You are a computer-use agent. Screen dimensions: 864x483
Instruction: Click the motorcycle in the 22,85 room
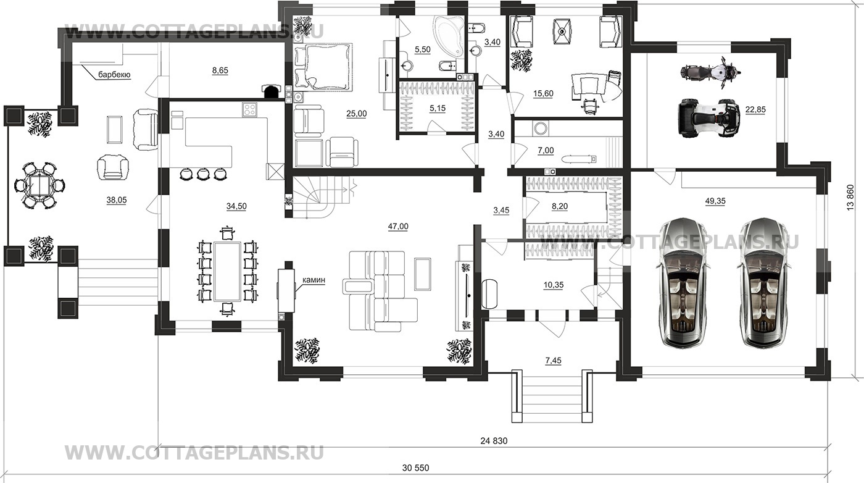[710, 72]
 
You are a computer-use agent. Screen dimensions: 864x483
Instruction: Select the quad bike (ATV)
[708, 118]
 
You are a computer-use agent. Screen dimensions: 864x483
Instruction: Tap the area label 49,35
[715, 201]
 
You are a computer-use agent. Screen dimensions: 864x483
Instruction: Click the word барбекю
[114, 75]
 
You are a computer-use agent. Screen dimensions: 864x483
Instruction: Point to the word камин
[314, 280]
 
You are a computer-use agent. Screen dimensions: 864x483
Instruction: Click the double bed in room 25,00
[323, 67]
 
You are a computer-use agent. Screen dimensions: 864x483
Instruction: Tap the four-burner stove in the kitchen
[249, 110]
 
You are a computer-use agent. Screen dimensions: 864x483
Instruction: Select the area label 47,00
[398, 226]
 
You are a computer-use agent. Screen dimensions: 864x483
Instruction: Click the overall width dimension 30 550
[415, 468]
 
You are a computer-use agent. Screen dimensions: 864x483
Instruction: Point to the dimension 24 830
[494, 440]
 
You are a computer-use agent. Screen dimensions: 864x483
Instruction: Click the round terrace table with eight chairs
[39, 186]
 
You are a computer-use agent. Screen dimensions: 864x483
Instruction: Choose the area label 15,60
[543, 93]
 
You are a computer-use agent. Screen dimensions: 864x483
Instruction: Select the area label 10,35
[554, 285]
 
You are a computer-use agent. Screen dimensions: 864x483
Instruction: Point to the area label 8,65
[220, 70]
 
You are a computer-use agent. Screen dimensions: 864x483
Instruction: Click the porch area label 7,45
[554, 361]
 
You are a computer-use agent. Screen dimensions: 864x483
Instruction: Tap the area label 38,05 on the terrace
[117, 200]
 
